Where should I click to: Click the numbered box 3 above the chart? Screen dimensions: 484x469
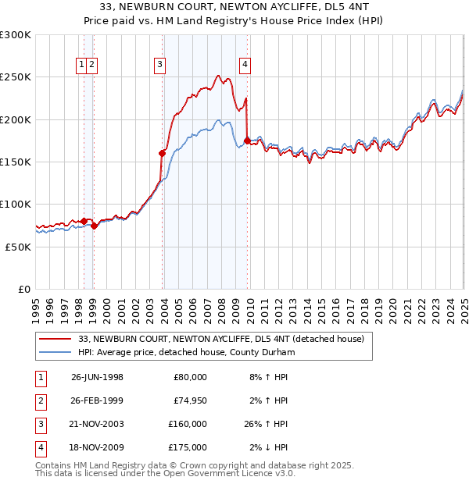pos(159,65)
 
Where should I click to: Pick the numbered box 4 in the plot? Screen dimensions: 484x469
pos(245,65)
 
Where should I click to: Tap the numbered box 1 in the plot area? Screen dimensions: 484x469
pos(82,65)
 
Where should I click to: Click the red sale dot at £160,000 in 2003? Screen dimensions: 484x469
pos(163,153)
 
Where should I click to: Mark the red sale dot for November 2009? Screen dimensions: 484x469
pos(248,141)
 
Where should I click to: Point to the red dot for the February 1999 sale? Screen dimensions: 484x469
pos(94,226)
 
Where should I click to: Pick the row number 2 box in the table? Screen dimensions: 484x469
pos(38,400)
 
